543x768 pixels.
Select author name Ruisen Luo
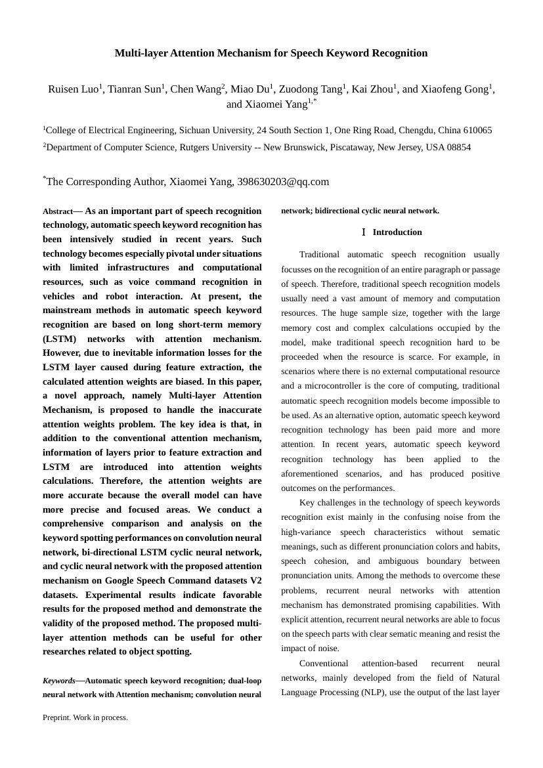[x=72, y=90]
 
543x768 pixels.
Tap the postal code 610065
[x=477, y=131]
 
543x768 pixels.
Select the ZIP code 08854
[x=458, y=148]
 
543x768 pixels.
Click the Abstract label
[x=58, y=212]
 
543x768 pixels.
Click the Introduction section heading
[x=397, y=232]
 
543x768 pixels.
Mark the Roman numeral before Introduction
[x=363, y=232]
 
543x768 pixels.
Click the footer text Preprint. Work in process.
[x=85, y=718]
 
